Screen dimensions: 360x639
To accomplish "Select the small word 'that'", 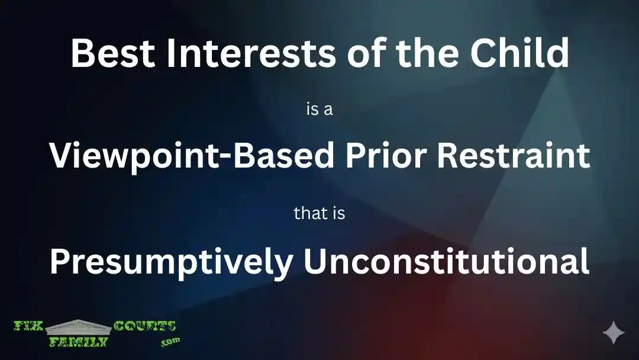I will pos(311,213).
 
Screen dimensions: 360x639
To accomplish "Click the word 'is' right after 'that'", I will pos(338,213).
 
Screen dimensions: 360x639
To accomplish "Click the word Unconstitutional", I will pos(447,261).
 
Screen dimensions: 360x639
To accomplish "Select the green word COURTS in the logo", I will pos(144,327).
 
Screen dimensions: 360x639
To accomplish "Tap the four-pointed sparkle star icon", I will pos(614,333).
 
